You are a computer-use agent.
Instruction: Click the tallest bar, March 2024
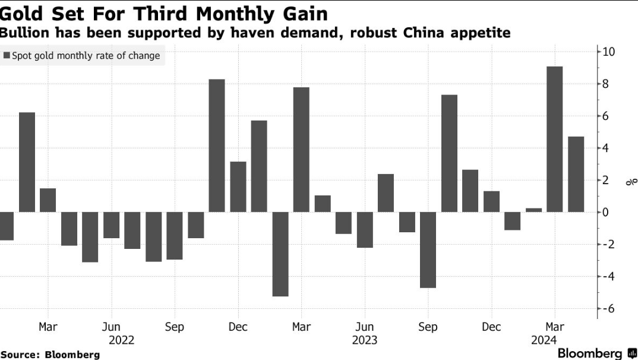pos(554,139)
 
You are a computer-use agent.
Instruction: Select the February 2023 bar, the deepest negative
pos(280,254)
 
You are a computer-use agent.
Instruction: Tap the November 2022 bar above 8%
pos(217,146)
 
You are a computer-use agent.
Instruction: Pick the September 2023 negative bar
pos(428,250)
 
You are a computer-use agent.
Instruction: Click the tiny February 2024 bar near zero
pos(533,210)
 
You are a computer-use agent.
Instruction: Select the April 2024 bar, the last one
pos(576,174)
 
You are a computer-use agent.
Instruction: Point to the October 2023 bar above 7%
pos(449,153)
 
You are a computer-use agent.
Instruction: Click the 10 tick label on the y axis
pos(609,52)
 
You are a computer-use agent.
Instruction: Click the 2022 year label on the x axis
pos(122,340)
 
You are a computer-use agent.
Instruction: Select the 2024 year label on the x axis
pos(544,340)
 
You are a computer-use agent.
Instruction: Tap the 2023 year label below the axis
pos(364,340)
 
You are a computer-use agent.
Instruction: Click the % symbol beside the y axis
pos(631,182)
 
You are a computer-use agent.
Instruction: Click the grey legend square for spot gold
pos(7,56)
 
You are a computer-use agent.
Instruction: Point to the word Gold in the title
pos(27,13)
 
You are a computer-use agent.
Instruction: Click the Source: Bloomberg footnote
pos(50,354)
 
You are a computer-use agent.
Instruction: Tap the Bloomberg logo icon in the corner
pos(632,353)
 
